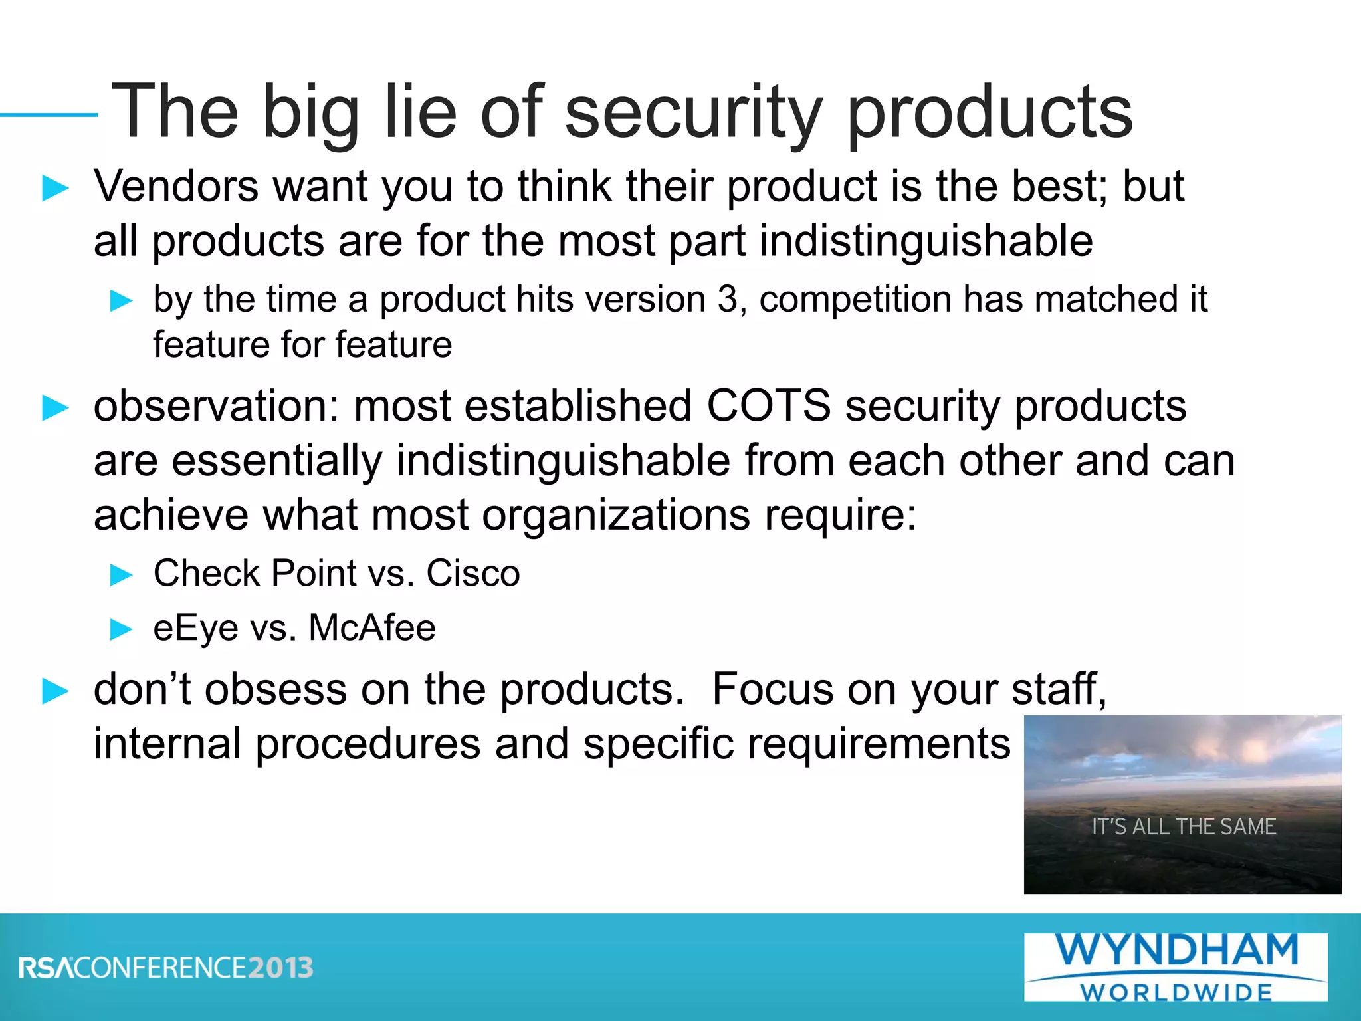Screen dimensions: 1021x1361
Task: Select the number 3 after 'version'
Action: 728,299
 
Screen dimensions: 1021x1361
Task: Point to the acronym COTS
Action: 768,405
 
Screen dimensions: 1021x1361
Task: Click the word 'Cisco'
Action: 472,573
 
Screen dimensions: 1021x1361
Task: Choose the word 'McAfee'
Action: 372,627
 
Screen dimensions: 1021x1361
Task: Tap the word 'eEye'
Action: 195,629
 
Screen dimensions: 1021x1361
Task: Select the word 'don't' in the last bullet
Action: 142,689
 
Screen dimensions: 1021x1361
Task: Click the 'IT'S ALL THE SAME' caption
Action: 1184,826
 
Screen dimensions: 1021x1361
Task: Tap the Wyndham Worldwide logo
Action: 1176,966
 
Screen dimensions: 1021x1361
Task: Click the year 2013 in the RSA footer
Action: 280,968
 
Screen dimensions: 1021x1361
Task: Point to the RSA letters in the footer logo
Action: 47,968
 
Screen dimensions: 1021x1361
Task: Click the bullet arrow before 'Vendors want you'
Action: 55,188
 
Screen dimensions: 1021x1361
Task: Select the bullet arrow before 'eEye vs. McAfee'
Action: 121,629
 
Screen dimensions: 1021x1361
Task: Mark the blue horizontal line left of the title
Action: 49,115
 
